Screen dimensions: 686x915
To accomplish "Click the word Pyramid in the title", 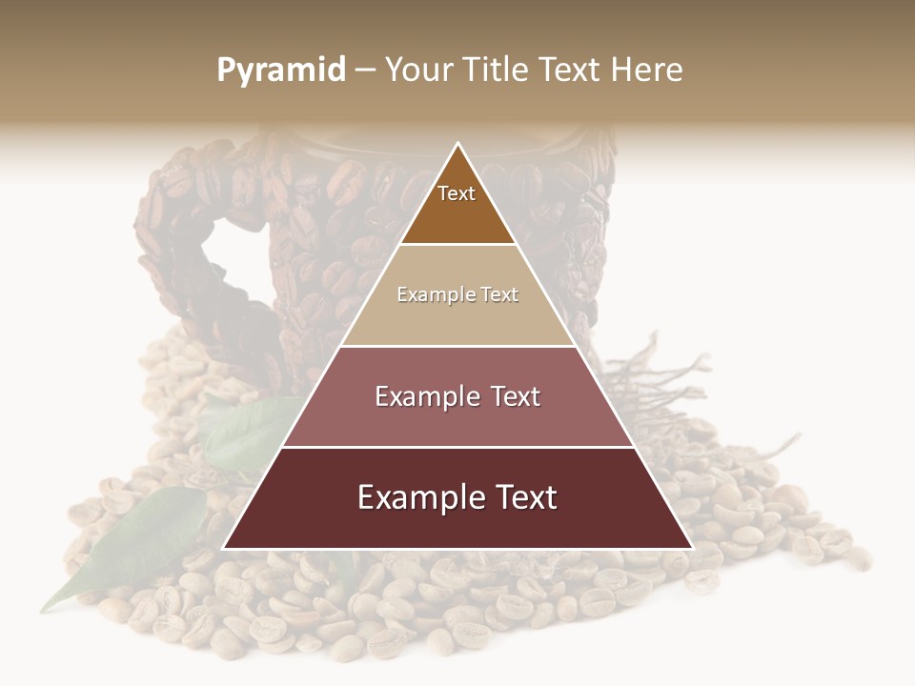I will (281, 71).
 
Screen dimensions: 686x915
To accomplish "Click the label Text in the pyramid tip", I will (457, 193).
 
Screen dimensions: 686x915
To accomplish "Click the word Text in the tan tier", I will (499, 295).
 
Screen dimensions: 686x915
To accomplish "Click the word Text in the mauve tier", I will (516, 397).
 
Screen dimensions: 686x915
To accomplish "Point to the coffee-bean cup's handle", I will (167, 248).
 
